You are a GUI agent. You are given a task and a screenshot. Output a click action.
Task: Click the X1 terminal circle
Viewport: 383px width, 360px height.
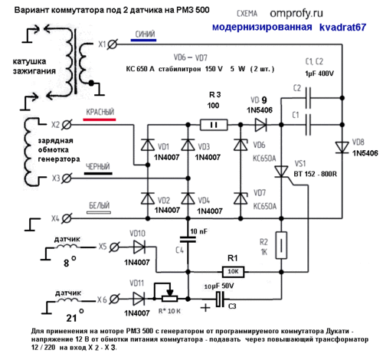point(112,44)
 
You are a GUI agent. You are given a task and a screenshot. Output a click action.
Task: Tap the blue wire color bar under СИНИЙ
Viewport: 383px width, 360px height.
point(143,40)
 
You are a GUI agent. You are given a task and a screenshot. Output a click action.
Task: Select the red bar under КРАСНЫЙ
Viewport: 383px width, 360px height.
point(100,119)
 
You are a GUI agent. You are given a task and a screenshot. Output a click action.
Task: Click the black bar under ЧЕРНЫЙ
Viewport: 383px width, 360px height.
point(98,173)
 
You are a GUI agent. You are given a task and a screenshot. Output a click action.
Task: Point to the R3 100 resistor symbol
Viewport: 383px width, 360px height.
point(214,125)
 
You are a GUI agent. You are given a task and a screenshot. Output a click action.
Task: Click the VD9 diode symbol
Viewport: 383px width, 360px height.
point(261,125)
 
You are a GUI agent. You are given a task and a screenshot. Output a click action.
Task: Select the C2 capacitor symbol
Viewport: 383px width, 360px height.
point(309,98)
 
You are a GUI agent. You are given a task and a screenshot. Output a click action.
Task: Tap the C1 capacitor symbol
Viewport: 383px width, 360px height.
point(309,125)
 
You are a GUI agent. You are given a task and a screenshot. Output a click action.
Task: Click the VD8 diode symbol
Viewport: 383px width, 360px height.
point(342,148)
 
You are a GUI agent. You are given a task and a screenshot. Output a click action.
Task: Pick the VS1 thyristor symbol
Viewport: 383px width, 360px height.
point(281,172)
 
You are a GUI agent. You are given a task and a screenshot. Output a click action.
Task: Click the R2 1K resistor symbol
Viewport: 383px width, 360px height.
point(281,245)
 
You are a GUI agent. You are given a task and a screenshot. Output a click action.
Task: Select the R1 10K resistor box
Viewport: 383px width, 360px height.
point(233,272)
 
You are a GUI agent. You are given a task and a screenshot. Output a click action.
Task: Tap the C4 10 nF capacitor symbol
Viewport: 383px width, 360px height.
point(188,239)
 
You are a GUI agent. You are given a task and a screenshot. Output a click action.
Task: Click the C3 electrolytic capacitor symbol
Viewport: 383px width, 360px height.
point(220,299)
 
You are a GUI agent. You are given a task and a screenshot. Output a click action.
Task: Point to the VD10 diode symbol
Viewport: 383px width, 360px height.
point(139,247)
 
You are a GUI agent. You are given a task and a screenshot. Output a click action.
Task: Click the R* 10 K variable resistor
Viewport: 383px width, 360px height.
point(166,296)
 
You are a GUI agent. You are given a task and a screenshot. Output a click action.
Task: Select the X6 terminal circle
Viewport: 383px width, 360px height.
point(115,299)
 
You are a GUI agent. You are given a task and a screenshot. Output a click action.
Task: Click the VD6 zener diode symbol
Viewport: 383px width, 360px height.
point(241,145)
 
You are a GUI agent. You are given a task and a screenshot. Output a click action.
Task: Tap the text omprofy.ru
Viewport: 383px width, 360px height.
point(296,13)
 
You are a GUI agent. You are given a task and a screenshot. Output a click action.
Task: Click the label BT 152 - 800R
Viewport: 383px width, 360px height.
point(316,174)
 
